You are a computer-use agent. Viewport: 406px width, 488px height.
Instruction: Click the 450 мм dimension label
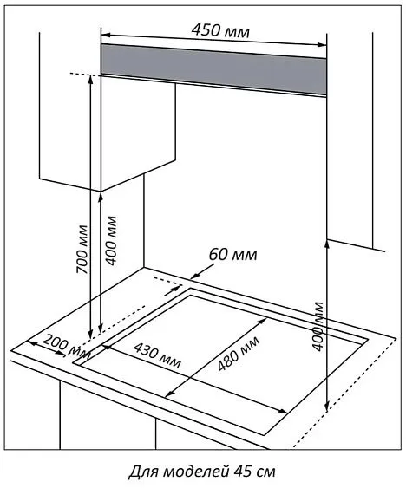[x=220, y=30]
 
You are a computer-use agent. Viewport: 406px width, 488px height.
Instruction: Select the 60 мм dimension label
[x=232, y=254]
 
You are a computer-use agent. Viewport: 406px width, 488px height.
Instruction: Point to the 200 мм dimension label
[x=67, y=346]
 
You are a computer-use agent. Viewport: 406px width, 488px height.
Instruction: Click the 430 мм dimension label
[x=157, y=355]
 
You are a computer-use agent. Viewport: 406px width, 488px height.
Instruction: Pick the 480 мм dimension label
[x=239, y=354]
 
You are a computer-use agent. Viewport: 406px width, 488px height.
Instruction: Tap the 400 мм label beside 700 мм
[x=111, y=240]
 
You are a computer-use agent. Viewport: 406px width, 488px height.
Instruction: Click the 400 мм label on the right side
[x=318, y=326]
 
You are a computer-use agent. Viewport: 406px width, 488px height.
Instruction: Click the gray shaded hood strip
[x=213, y=69]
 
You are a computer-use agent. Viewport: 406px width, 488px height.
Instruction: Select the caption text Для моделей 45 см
[x=202, y=472]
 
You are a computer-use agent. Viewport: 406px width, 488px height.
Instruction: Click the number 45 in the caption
[x=246, y=472]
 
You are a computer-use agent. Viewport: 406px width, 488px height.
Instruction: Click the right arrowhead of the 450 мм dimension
[x=322, y=45]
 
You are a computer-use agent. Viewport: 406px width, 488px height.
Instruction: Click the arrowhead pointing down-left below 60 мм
[x=194, y=276]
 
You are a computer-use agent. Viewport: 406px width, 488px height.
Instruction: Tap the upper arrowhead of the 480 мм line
[x=262, y=322]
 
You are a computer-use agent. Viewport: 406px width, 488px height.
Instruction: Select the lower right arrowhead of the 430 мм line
[x=283, y=411]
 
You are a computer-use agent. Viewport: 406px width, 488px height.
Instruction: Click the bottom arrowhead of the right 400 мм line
[x=326, y=407]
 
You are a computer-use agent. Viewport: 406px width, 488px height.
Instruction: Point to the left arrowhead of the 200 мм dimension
[x=32, y=343]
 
